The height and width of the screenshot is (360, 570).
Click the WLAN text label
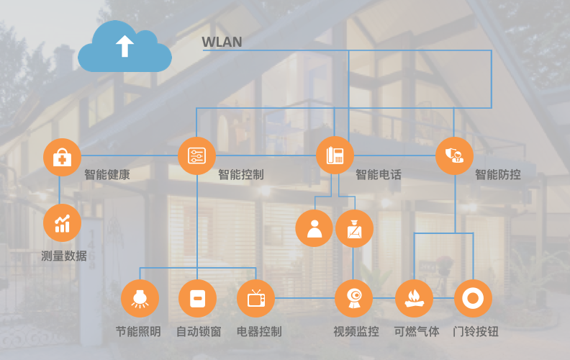(222, 42)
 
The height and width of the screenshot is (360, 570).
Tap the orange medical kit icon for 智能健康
(62, 157)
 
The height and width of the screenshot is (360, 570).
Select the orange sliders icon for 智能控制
(196, 156)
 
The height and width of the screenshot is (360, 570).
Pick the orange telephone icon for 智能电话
(335, 156)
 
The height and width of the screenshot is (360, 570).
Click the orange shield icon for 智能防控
(454, 156)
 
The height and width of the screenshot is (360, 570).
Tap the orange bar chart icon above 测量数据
(62, 222)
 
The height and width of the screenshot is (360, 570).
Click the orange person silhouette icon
(315, 228)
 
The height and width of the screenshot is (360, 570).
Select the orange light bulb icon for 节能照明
(140, 298)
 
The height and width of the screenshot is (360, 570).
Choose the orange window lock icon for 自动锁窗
(197, 298)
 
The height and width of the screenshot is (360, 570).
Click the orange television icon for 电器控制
(255, 298)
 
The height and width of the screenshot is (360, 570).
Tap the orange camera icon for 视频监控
(353, 298)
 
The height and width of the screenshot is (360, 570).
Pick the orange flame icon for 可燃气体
(414, 298)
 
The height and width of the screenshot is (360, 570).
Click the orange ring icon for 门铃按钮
(473, 298)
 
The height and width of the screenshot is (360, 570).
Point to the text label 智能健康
(107, 174)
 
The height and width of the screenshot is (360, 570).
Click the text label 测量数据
(64, 256)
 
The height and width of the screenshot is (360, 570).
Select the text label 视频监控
(356, 332)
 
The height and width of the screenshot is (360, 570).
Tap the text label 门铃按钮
(476, 332)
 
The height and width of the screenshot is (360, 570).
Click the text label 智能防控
(497, 174)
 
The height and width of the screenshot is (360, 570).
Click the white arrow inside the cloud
(125, 45)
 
